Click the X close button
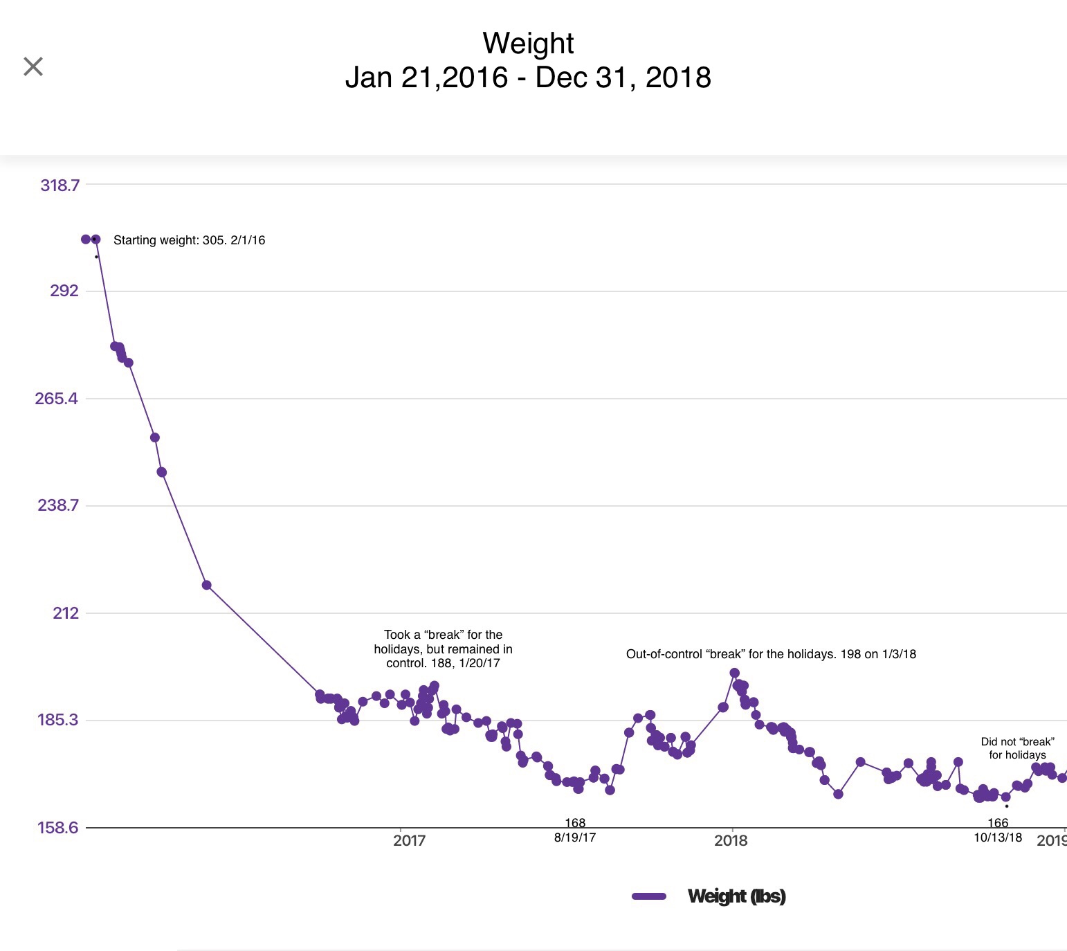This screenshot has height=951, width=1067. (33, 66)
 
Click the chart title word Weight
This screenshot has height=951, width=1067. (528, 43)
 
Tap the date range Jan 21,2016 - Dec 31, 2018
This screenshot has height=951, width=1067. (528, 78)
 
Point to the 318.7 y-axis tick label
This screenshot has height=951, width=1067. (60, 185)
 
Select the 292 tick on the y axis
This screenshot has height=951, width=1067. (64, 291)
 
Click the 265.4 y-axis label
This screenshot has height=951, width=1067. (57, 398)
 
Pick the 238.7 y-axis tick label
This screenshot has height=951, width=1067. (58, 505)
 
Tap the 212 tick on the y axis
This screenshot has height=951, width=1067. (66, 613)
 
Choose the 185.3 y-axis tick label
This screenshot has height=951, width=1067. (58, 720)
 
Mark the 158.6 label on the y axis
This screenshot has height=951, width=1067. (58, 827)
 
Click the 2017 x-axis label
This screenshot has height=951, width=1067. (409, 840)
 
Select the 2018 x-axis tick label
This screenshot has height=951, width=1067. (731, 840)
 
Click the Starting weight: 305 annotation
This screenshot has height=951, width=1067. (189, 240)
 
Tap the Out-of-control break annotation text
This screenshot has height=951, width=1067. (771, 654)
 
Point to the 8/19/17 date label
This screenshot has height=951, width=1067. (575, 837)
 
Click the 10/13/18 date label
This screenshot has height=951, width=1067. (998, 837)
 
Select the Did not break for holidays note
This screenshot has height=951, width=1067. (1017, 748)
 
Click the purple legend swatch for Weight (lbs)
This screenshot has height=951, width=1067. (649, 896)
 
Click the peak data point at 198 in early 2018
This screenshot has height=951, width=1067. (735, 673)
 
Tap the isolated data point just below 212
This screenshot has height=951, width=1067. (206, 585)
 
